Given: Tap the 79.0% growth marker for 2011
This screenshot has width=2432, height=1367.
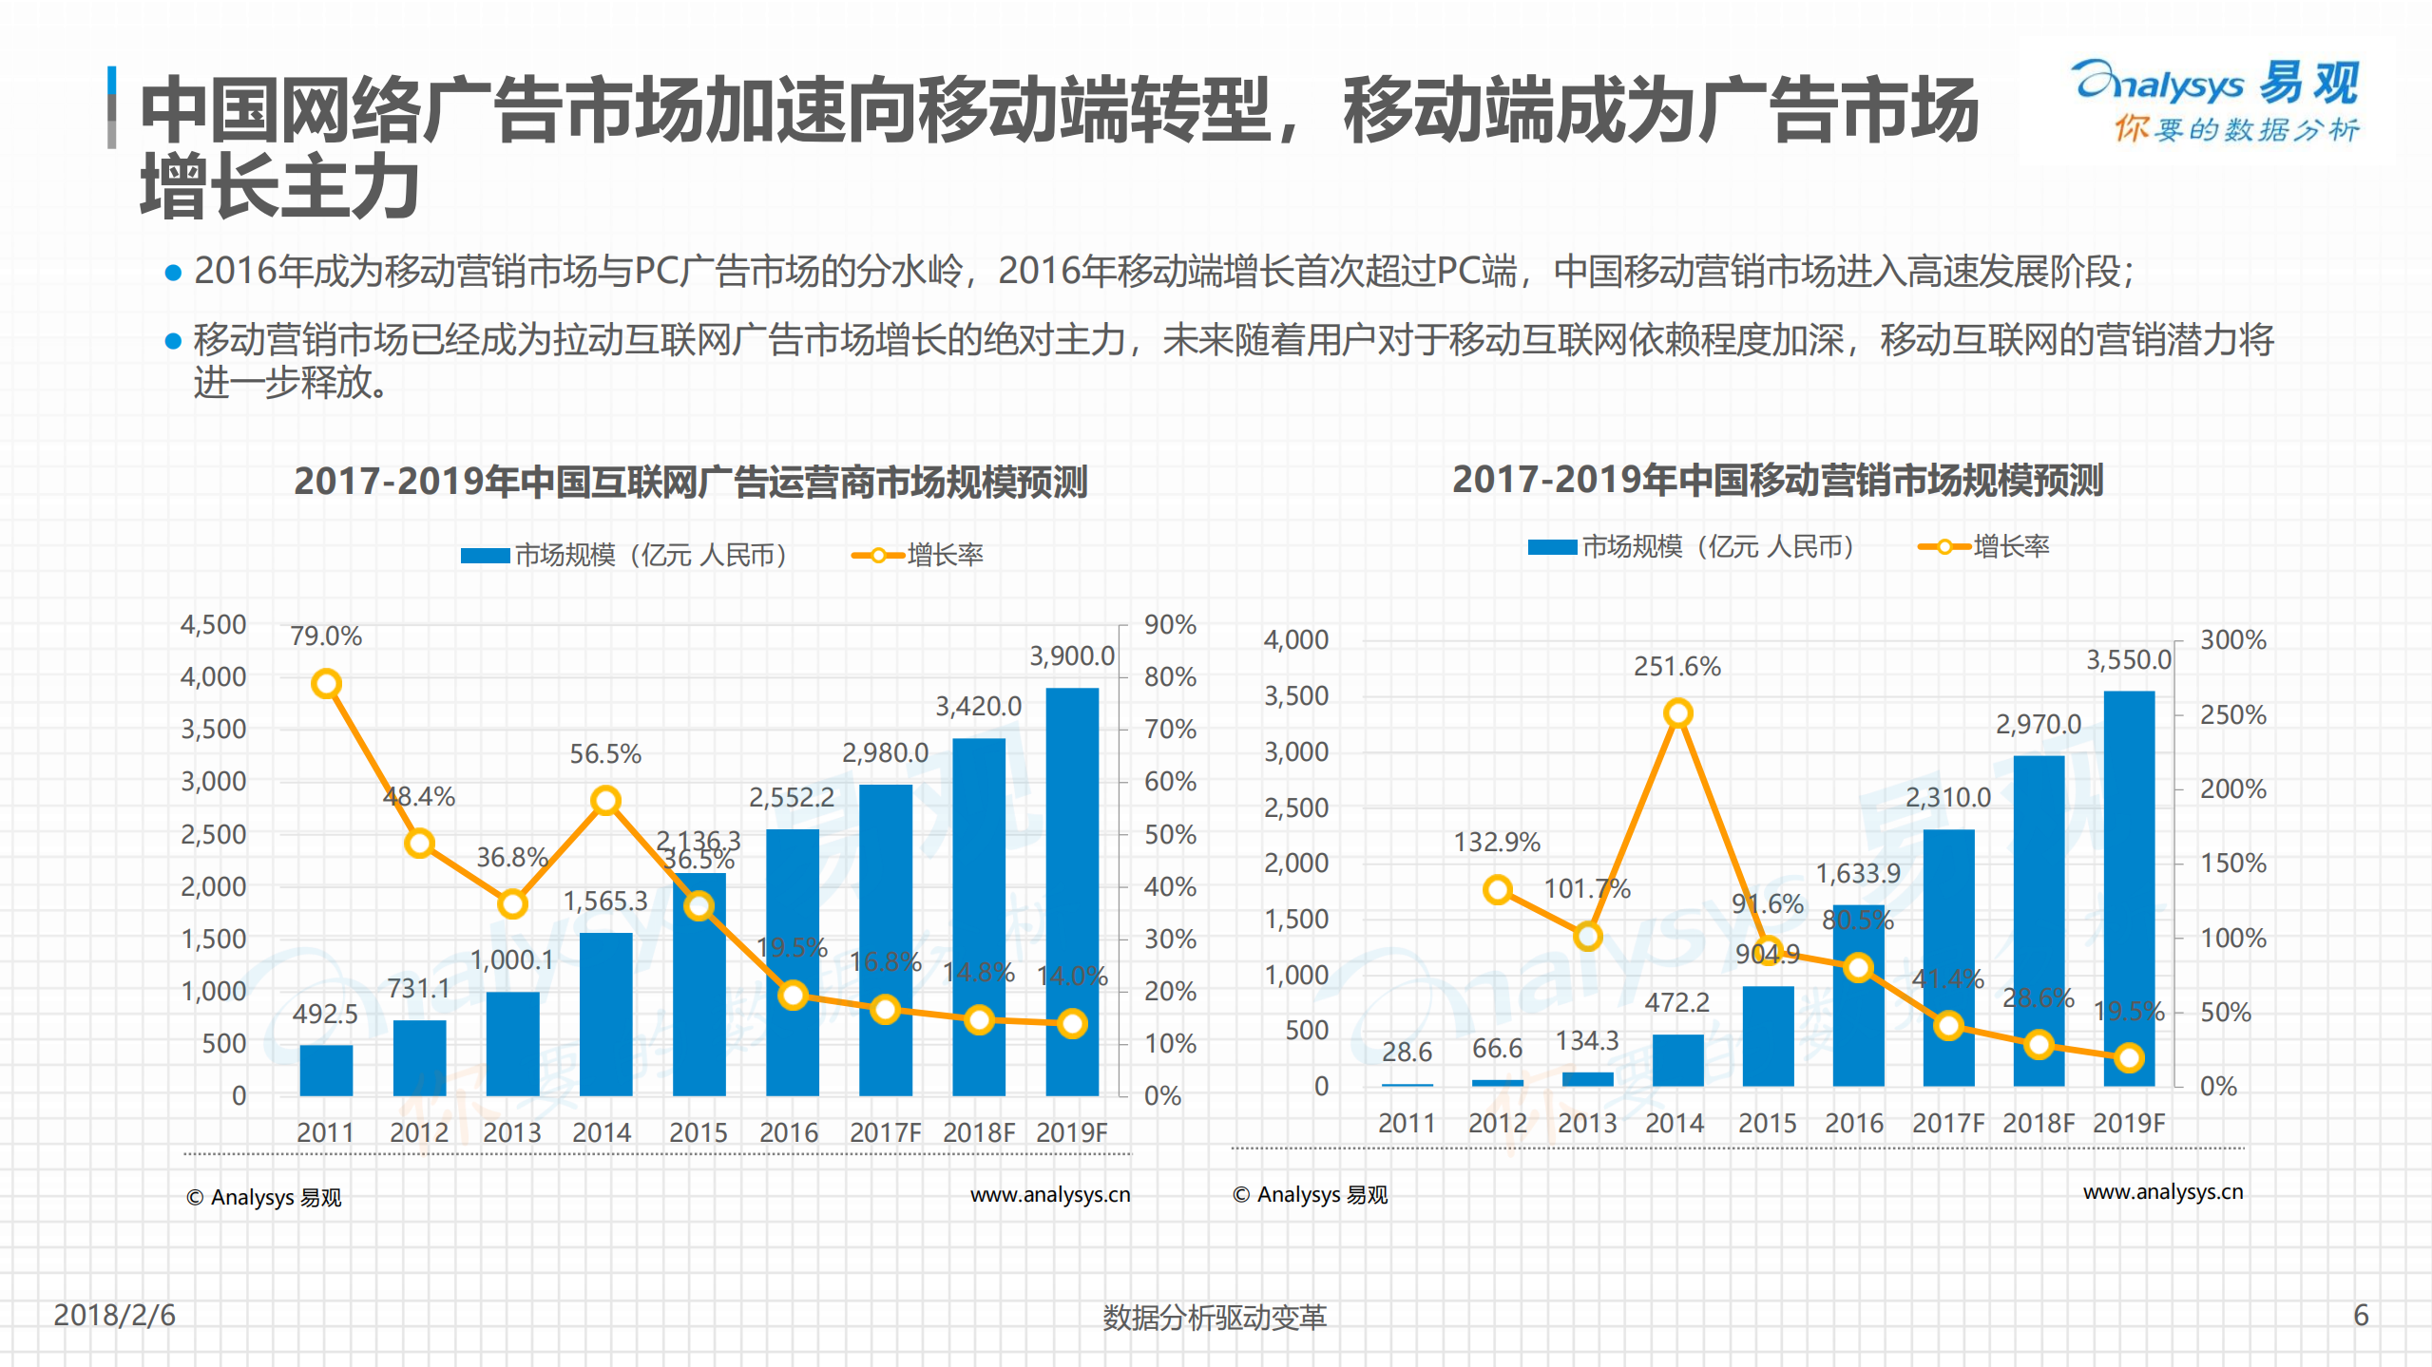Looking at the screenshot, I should (326, 683).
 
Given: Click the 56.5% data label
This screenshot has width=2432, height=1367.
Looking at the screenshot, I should (605, 754).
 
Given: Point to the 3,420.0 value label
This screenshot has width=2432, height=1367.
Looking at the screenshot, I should (978, 706).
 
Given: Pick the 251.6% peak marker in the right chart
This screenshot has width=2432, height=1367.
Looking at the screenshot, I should (1677, 712).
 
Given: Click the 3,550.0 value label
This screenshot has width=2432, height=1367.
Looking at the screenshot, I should (2128, 659).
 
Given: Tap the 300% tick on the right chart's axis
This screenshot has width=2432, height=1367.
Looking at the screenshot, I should (2232, 639).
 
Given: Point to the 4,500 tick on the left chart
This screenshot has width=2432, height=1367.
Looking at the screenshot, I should (214, 624).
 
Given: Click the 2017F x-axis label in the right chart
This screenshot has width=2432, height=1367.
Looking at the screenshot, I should (1947, 1123).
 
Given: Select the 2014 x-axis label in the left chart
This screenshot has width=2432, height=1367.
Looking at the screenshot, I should (602, 1132).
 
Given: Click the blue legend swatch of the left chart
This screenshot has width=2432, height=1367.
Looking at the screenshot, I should (485, 556).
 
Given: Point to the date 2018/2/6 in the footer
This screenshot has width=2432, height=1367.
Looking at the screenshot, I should (114, 1315).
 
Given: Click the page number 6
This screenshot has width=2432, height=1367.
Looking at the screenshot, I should (2361, 1315).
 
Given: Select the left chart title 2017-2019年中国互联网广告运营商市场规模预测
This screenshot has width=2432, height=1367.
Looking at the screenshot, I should (690, 481).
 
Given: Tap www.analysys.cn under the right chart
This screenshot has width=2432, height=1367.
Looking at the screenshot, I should (2162, 1191).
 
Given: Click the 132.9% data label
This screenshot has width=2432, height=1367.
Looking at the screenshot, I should (1496, 842).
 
